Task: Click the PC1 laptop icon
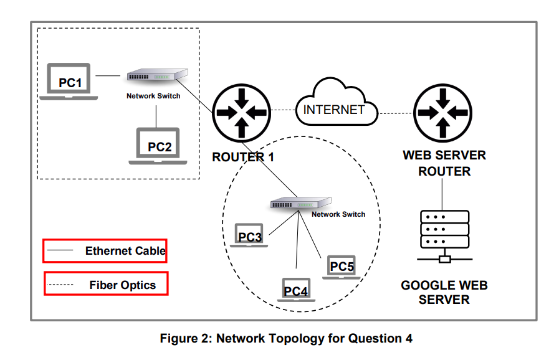coord(69,81)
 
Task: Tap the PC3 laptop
coord(249,235)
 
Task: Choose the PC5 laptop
coord(341,266)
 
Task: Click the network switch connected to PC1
coord(156,75)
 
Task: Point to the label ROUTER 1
coord(243,157)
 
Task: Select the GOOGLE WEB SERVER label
coord(444,292)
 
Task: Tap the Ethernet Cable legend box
coord(105,251)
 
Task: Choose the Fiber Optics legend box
coord(106,285)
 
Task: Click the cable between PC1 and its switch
coord(108,76)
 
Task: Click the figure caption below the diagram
coord(286,339)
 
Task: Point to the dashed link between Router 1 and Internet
coord(282,111)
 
